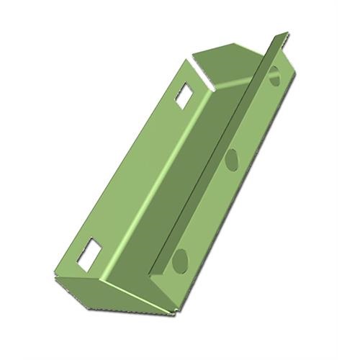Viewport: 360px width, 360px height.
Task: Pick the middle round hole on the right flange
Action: coord(232,158)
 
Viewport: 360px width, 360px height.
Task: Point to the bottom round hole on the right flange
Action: coord(179,261)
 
